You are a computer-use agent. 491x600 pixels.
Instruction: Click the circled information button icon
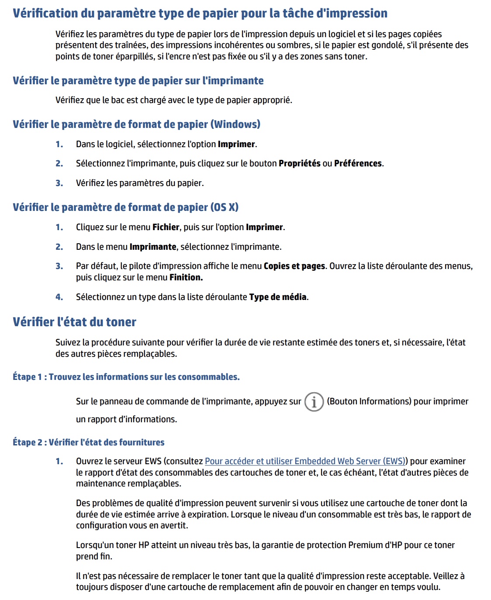[314, 402]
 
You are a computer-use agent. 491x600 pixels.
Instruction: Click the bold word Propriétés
[299, 163]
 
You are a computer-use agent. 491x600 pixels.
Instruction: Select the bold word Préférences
[358, 163]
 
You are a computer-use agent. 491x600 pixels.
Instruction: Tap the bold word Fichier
[166, 227]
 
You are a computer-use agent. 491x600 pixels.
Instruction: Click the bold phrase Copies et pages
[294, 266]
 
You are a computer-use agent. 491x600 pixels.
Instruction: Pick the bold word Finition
[186, 277]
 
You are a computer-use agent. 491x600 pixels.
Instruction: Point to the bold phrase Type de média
[278, 297]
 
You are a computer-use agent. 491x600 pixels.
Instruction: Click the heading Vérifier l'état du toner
[74, 322]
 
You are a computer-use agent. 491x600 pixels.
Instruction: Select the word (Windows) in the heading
[235, 124]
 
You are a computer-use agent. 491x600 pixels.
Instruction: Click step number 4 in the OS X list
[59, 297]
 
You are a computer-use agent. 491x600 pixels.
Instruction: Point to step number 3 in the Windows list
[59, 183]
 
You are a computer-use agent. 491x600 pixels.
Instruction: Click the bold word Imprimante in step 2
[153, 247]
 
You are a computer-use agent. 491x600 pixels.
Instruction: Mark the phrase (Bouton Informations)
[369, 401]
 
